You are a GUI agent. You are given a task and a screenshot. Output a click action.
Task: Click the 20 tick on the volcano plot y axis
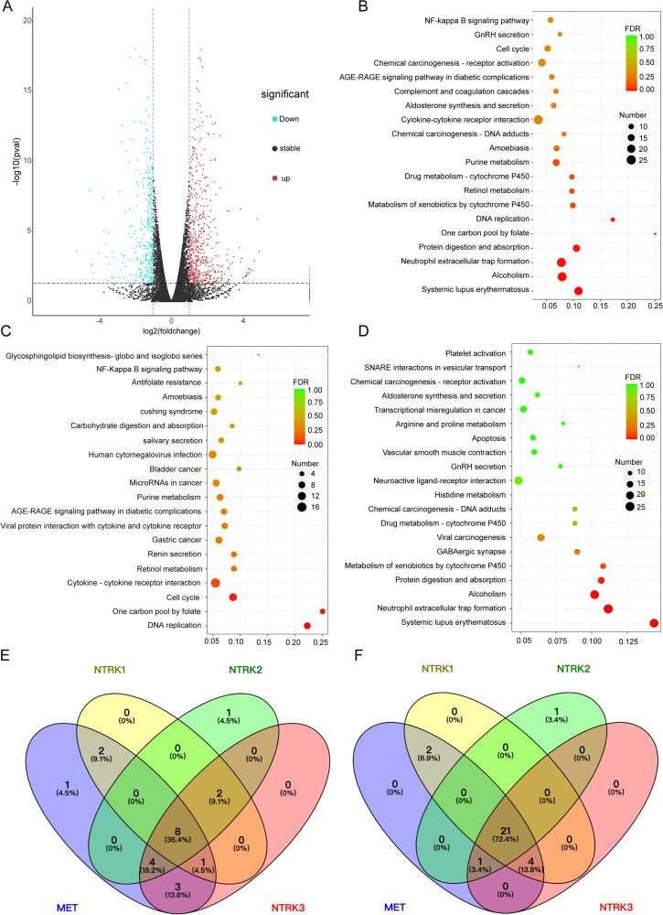pos(27,20)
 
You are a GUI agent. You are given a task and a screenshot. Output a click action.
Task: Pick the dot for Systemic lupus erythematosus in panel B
pos(579,291)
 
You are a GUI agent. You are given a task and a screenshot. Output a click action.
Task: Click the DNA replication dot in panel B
pos(613,220)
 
